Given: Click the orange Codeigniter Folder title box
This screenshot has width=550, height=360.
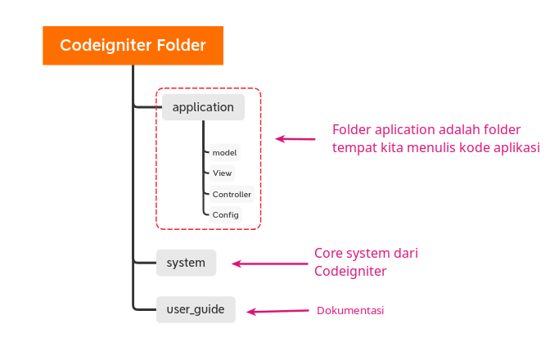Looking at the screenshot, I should click(x=133, y=45).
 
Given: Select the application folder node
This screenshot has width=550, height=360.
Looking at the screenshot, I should click(x=203, y=107).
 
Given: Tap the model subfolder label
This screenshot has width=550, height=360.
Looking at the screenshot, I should click(x=224, y=152).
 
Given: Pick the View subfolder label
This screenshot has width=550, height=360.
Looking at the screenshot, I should click(x=222, y=173).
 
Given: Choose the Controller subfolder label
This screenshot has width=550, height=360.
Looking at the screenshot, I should click(x=232, y=194).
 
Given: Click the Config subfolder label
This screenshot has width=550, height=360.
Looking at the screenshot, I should click(x=225, y=214).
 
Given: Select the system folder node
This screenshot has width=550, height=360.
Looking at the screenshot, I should click(x=186, y=263).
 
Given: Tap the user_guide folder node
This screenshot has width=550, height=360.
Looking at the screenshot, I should click(x=195, y=310).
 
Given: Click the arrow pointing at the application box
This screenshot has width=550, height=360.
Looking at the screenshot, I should click(x=295, y=139).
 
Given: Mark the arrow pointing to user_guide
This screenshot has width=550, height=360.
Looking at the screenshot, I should click(x=278, y=311).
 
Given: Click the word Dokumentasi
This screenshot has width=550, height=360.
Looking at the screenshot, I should click(x=350, y=311).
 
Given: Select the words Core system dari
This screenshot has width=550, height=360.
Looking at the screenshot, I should click(x=366, y=254).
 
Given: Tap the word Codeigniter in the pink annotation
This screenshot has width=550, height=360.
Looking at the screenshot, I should click(x=350, y=271).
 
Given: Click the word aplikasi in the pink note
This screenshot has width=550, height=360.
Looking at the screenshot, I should click(x=515, y=148).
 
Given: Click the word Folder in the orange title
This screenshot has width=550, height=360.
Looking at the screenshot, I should click(x=178, y=45).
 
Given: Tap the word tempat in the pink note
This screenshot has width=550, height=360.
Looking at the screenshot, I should click(x=355, y=148).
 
